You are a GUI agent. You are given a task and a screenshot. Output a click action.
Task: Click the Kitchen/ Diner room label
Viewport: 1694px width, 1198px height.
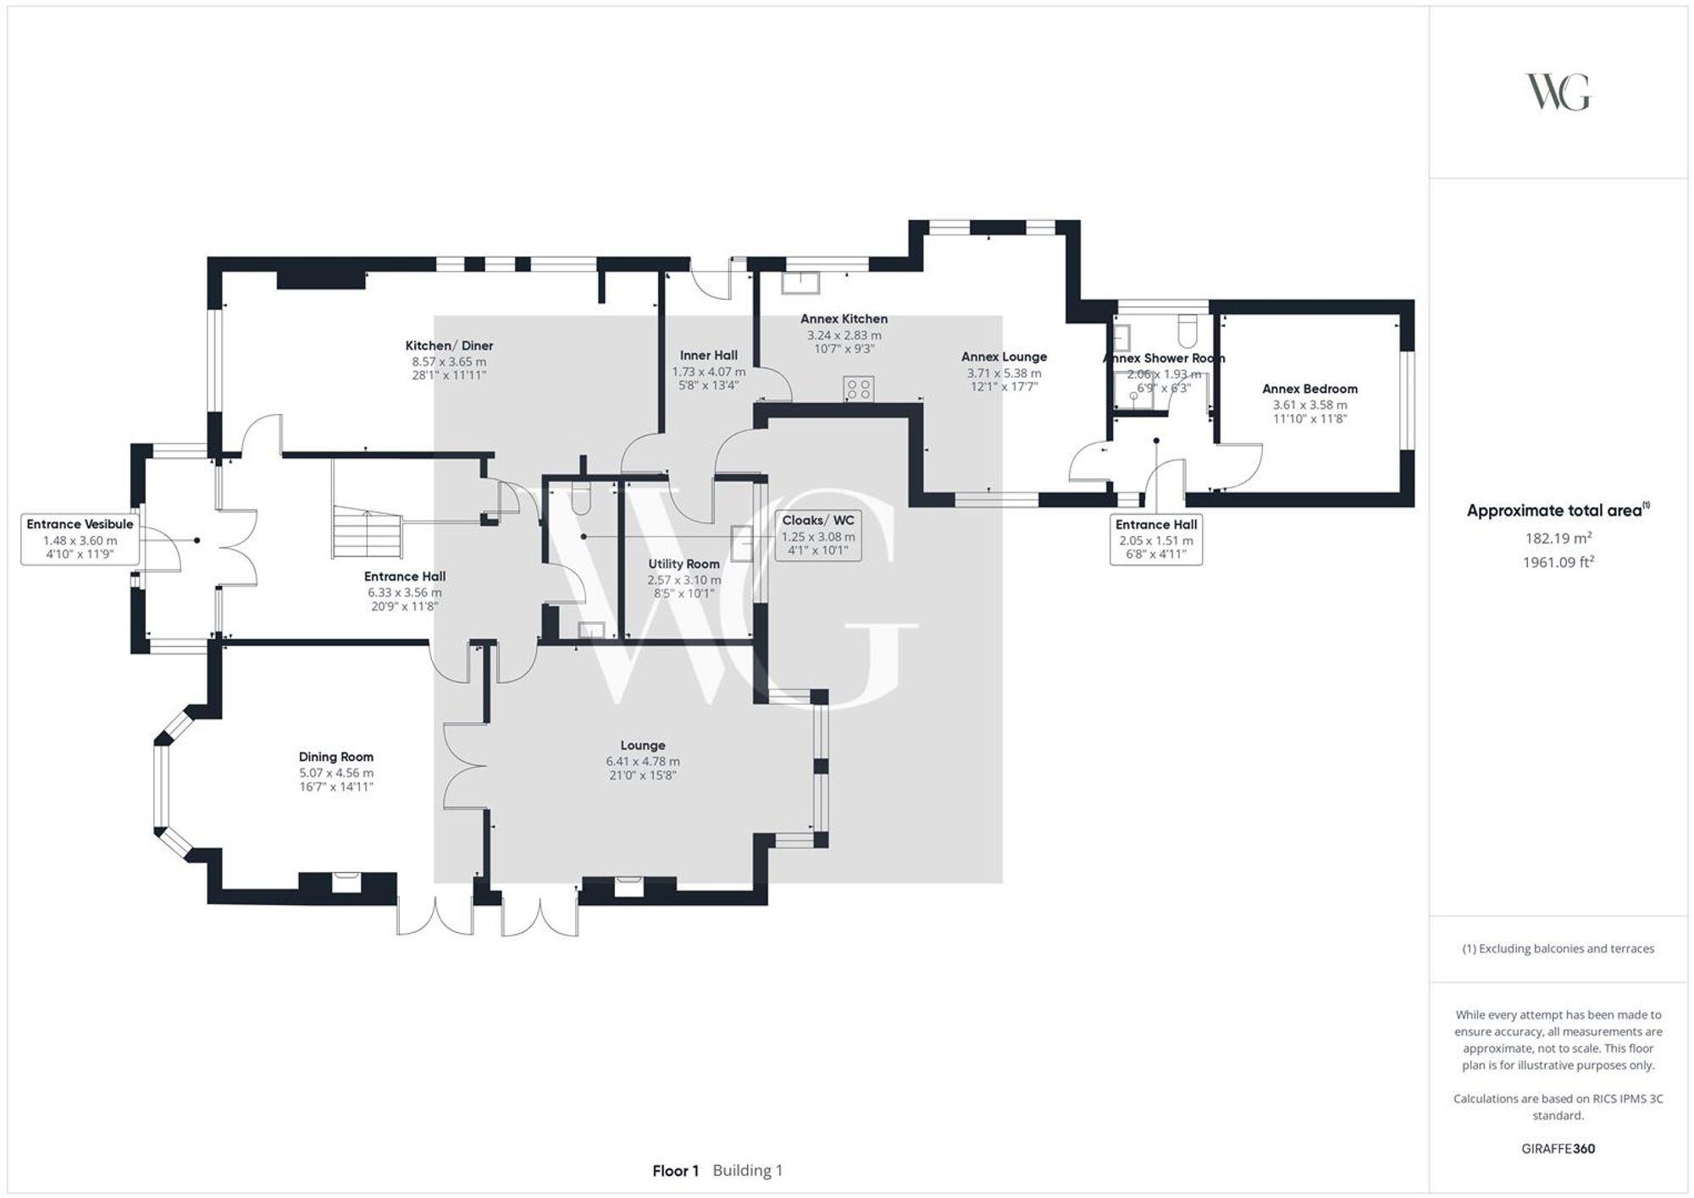(x=449, y=345)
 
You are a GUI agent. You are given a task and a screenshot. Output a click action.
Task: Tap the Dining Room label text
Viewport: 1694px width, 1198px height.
(x=335, y=757)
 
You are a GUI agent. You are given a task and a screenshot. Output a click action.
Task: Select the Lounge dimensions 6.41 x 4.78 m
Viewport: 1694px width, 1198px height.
(x=642, y=761)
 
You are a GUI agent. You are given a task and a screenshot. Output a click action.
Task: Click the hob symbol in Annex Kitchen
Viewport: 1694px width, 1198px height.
(x=858, y=389)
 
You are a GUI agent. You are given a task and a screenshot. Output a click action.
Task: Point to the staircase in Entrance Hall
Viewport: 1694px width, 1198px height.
(x=365, y=533)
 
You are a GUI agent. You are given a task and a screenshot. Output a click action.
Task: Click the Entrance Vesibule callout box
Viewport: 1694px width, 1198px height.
(x=80, y=539)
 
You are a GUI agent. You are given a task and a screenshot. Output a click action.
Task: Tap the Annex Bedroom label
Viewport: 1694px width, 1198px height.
(x=1309, y=389)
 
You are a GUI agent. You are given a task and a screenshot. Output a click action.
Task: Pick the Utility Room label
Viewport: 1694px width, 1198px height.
(x=684, y=564)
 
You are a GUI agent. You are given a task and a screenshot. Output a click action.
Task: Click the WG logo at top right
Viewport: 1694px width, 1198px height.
(x=1558, y=92)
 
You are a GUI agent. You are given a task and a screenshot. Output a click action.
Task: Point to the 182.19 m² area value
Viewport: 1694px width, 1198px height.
(x=1558, y=538)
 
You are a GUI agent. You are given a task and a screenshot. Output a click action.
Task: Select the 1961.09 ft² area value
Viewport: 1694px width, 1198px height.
(x=1558, y=561)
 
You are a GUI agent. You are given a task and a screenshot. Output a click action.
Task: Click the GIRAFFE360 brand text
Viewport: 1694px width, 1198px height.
(x=1558, y=1149)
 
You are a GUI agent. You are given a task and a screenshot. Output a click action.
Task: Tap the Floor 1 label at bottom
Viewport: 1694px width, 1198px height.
(x=675, y=1171)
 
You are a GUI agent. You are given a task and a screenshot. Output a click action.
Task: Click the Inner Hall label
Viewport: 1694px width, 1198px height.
(x=708, y=356)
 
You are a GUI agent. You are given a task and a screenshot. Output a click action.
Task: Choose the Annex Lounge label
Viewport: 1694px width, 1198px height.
(x=1004, y=356)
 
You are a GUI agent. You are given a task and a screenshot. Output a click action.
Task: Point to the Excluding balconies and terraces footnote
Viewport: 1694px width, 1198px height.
(x=1558, y=948)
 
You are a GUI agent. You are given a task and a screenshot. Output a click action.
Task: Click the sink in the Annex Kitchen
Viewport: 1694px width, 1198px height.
(x=797, y=281)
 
